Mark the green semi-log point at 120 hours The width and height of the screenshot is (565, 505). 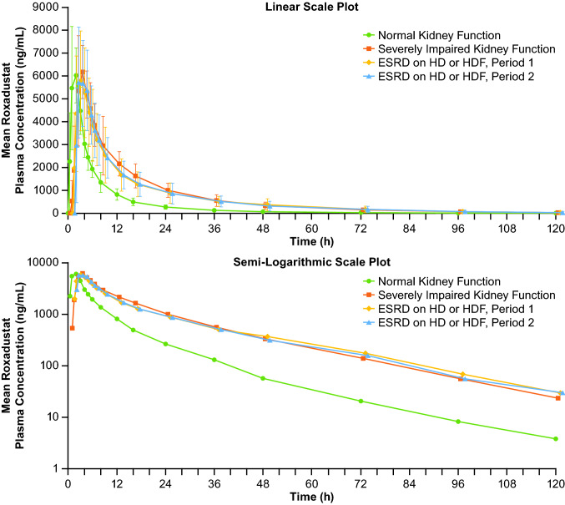(x=555, y=439)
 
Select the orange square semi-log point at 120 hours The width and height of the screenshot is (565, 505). (x=557, y=398)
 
